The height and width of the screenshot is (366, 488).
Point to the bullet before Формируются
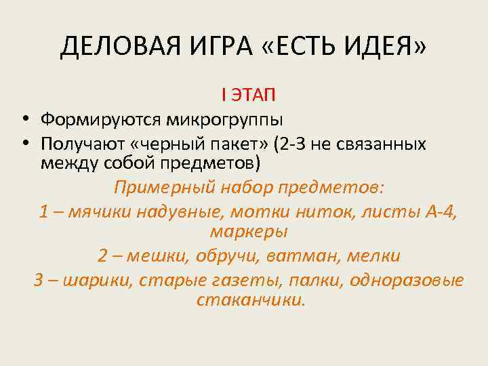[24, 121]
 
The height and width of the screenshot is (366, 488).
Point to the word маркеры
[249, 231]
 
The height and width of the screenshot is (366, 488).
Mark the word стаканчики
[251, 299]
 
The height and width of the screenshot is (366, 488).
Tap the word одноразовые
[408, 279]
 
